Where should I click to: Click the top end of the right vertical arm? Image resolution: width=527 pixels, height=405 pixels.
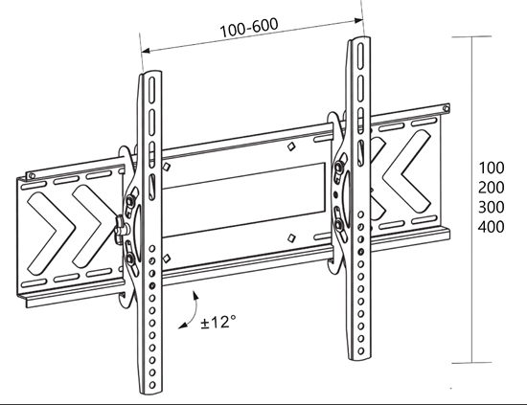pyautogui.click(x=357, y=43)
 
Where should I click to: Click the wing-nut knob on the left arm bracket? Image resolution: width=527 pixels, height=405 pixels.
pyautogui.click(x=120, y=226)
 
